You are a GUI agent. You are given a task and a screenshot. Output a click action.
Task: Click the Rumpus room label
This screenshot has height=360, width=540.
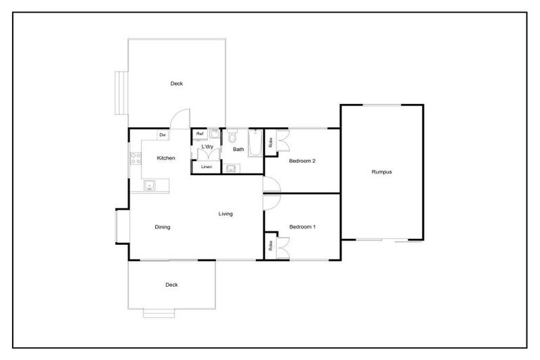pyautogui.click(x=382, y=172)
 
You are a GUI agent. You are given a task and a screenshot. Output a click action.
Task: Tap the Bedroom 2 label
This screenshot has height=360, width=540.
pyautogui.click(x=302, y=161)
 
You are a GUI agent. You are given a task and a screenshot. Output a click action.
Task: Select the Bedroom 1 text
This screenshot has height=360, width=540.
pyautogui.click(x=302, y=226)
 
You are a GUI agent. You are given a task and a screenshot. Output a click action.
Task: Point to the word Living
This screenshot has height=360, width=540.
pyautogui.click(x=226, y=214)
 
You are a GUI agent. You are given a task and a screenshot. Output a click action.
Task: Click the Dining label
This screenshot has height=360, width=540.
pyautogui.click(x=162, y=227)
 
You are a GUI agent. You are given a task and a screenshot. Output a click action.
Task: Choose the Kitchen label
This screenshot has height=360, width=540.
pyautogui.click(x=166, y=158)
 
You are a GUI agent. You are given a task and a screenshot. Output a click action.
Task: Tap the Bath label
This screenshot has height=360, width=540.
pyautogui.click(x=239, y=149)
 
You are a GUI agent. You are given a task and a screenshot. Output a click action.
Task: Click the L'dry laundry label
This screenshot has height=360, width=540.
pyautogui.click(x=207, y=146)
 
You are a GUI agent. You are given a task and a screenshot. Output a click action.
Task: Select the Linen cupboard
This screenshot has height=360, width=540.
pyautogui.click(x=206, y=167)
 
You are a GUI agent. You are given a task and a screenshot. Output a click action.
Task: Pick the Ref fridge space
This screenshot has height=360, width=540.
pyautogui.click(x=200, y=134)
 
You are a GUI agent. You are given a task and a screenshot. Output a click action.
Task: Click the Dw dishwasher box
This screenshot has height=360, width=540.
pyautogui.click(x=162, y=134)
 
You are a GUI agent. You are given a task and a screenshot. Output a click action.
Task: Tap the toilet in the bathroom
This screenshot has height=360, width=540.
pyautogui.click(x=233, y=136)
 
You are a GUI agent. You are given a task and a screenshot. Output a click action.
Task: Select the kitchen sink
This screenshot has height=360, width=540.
pyautogui.click(x=149, y=186)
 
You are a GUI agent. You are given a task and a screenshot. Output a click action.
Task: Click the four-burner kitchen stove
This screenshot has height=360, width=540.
pyautogui.click(x=134, y=158)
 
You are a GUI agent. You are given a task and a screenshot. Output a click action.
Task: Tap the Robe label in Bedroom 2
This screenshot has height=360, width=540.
pyautogui.click(x=271, y=141)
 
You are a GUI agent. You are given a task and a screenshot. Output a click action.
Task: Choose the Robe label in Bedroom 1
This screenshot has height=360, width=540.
pyautogui.click(x=271, y=247)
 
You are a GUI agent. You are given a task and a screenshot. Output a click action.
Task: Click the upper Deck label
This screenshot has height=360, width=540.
pyautogui.click(x=176, y=84)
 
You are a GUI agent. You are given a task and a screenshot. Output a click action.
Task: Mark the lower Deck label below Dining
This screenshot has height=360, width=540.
pyautogui.click(x=172, y=285)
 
